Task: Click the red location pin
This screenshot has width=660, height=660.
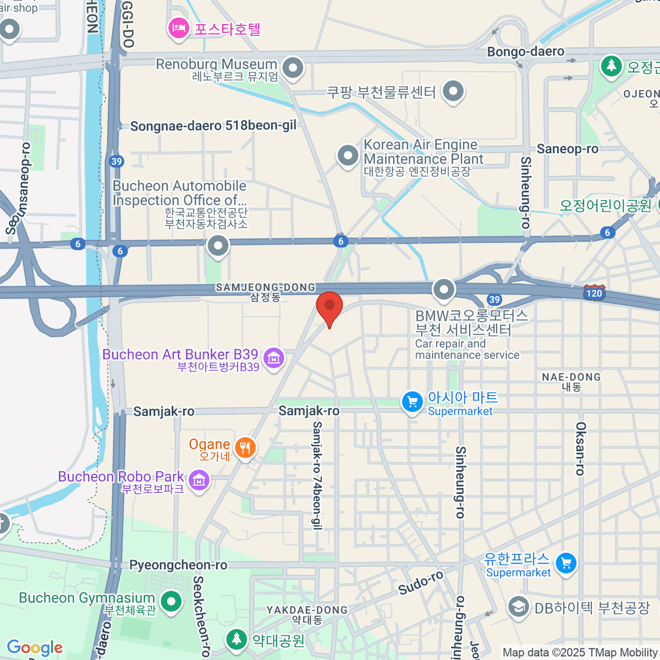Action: click(x=329, y=307)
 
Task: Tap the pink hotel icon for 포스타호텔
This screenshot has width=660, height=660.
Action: click(x=179, y=28)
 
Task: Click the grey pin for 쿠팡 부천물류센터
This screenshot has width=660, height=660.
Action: click(x=453, y=91)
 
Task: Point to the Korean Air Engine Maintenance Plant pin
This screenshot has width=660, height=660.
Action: click(x=348, y=156)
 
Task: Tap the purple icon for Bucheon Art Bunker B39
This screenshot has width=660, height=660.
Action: click(x=273, y=358)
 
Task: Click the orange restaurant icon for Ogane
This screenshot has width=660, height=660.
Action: click(x=245, y=448)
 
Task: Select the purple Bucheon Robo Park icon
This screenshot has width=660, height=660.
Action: click(x=199, y=481)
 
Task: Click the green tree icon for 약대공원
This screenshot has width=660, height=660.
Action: click(x=237, y=639)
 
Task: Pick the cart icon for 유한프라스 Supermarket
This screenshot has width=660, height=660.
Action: click(x=566, y=563)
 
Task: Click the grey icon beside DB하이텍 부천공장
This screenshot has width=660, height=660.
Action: click(x=518, y=607)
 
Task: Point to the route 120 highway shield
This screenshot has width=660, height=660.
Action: click(x=594, y=292)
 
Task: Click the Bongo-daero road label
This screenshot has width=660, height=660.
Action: click(x=525, y=52)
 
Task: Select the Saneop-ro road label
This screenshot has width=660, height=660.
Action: click(x=567, y=149)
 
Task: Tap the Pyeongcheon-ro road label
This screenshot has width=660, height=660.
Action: click(x=178, y=565)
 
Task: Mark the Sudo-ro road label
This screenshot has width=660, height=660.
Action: click(x=421, y=583)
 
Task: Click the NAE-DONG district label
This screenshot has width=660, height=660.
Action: click(x=571, y=377)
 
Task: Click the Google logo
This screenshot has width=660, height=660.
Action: click(x=35, y=647)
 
